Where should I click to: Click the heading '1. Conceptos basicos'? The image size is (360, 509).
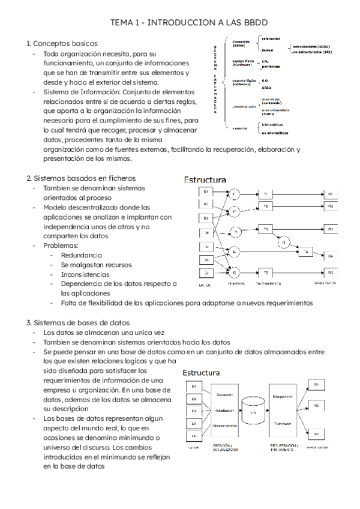(62, 44)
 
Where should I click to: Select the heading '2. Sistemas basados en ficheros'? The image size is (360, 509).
(80, 178)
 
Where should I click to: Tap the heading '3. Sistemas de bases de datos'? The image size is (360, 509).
(77, 322)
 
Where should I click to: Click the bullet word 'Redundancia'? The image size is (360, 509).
(81, 255)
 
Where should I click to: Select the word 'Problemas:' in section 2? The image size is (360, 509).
(61, 246)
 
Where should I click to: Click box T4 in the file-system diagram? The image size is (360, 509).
(306, 252)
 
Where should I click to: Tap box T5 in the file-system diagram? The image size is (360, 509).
(266, 272)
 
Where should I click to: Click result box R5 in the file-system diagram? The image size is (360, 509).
(330, 272)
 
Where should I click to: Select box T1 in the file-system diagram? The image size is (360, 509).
(266, 193)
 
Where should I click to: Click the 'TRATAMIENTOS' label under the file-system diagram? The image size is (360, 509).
(268, 283)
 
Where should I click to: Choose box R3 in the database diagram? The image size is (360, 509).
(316, 433)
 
